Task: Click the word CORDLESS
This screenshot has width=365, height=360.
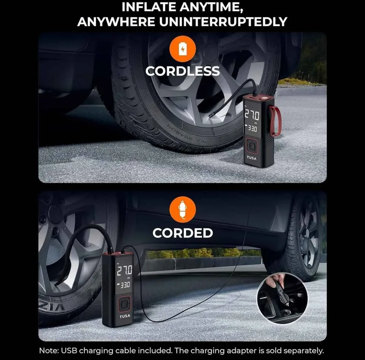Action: [182, 71]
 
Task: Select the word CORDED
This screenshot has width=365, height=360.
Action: [182, 233]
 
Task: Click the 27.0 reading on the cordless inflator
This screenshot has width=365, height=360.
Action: [252, 116]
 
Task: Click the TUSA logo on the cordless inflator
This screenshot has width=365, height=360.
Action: [252, 157]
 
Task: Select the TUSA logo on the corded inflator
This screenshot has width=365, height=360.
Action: [125, 316]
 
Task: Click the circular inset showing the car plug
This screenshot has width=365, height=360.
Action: [282, 298]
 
